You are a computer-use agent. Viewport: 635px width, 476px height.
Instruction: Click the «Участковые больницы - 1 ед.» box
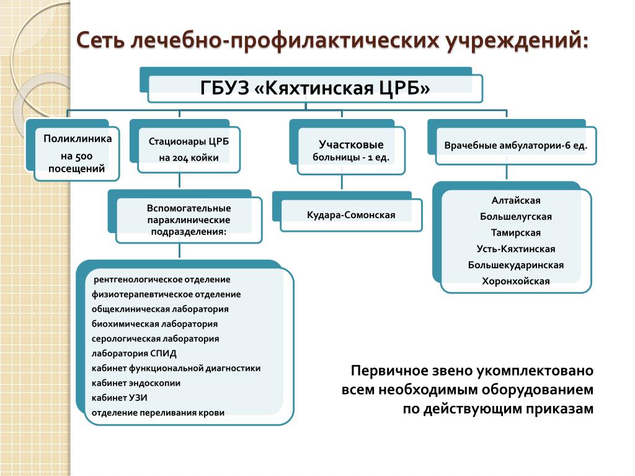tap(351, 151)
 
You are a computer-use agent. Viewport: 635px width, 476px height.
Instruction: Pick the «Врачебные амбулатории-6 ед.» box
tap(515, 146)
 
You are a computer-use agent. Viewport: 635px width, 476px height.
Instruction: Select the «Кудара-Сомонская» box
tap(351, 215)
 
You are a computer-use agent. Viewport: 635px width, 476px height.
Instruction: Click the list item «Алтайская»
tap(516, 201)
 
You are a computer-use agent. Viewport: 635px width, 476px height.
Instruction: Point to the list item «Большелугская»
tap(516, 217)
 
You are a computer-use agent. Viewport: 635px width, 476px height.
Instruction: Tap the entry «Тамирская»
tap(516, 233)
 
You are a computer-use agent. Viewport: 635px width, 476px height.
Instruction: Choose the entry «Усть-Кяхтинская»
tap(516, 249)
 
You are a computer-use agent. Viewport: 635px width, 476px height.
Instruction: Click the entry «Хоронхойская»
tap(516, 281)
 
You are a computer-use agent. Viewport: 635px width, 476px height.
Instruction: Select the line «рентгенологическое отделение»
tap(162, 280)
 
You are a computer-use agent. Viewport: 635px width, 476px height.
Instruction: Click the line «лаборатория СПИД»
tap(134, 354)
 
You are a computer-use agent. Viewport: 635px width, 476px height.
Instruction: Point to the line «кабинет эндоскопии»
tap(136, 383)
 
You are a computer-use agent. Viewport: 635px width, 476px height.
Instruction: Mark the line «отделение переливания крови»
tap(158, 413)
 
